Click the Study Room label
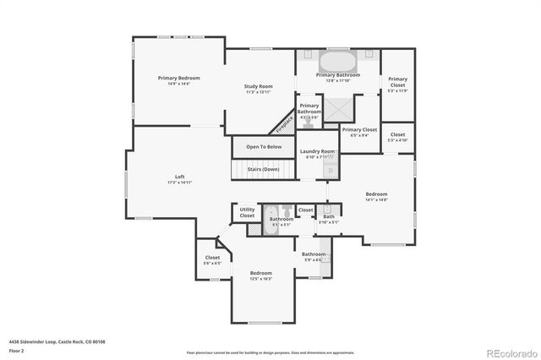coord(259,86)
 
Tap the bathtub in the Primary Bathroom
coord(337,63)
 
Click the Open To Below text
coord(264,147)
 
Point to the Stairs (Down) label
coord(263,169)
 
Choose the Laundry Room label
coord(318,151)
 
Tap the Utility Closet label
coord(247,212)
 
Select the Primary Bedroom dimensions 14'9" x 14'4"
coord(173,84)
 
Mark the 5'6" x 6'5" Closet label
coord(212,260)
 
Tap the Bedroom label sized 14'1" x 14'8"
coord(376,194)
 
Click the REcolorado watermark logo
coord(510,351)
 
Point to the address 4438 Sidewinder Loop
coord(57,341)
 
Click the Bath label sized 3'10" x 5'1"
coord(328,219)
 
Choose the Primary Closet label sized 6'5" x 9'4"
coord(358,131)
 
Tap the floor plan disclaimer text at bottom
coord(270,352)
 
